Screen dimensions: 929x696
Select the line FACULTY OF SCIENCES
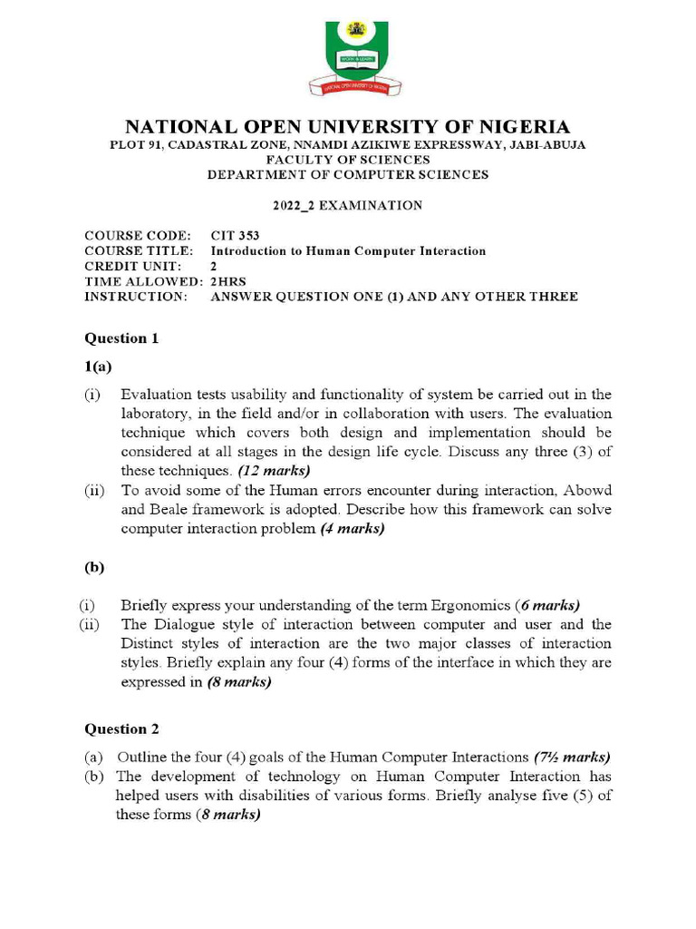pyautogui.click(x=347, y=160)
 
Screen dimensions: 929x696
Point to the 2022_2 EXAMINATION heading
pyautogui.click(x=348, y=206)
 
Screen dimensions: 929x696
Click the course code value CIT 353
pyautogui.click(x=234, y=236)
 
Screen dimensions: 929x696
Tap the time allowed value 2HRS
pyautogui.click(x=227, y=282)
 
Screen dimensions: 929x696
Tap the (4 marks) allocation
pyautogui.click(x=353, y=530)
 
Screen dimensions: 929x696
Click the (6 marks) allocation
pyautogui.click(x=547, y=605)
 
